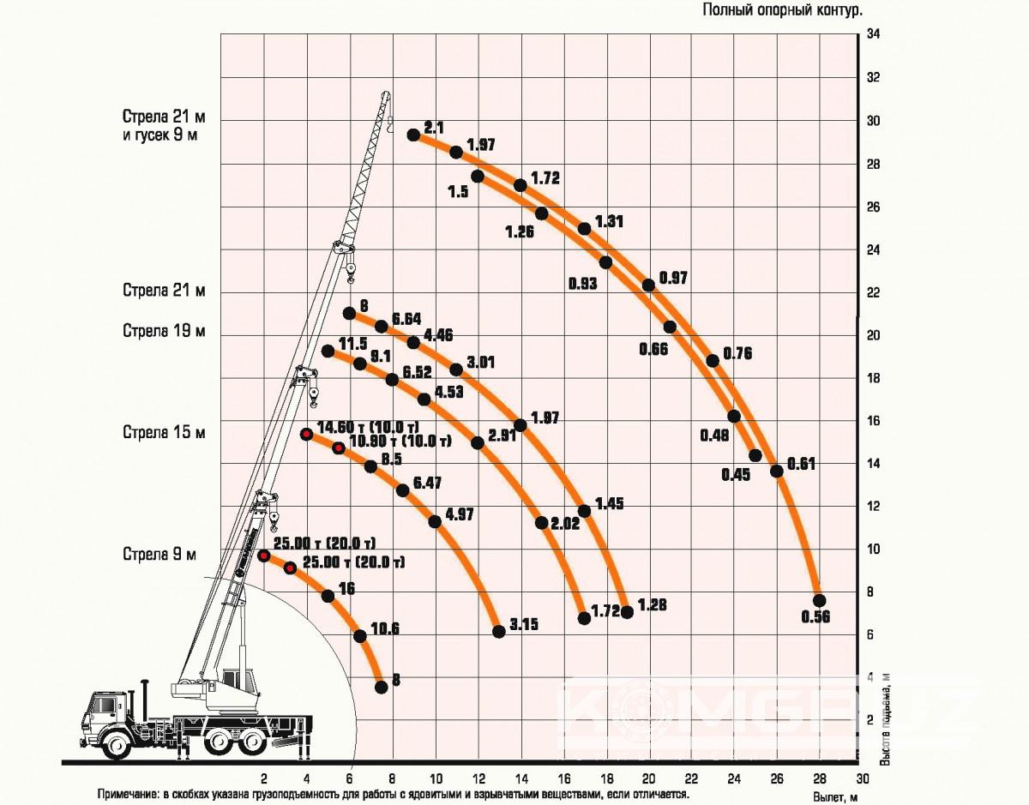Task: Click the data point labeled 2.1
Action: point(413,135)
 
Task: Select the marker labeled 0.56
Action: point(819,600)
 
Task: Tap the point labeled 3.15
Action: point(499,632)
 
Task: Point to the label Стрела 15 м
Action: point(164,433)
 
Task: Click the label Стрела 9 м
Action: point(159,555)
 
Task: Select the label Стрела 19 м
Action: point(164,332)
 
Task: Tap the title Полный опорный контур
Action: point(782,10)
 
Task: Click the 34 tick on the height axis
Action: point(874,35)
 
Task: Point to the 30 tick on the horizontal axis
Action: point(863,779)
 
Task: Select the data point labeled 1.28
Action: point(627,612)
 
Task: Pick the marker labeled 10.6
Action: point(360,635)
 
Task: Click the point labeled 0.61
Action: point(777,471)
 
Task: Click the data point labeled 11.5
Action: point(328,351)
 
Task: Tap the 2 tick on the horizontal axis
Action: point(264,779)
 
